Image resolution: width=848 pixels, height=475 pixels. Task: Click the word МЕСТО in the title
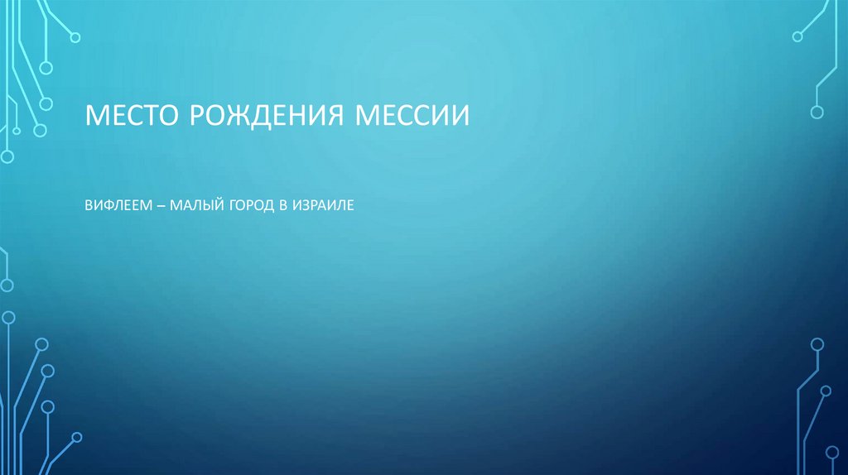(133, 114)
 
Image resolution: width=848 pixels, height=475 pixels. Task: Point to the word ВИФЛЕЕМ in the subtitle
(117, 203)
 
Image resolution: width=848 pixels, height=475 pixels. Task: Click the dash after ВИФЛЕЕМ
(160, 203)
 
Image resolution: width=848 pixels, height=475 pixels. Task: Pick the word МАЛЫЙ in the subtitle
(193, 203)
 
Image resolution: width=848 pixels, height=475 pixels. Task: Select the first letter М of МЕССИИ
(366, 114)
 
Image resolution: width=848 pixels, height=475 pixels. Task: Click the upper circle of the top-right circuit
(797, 36)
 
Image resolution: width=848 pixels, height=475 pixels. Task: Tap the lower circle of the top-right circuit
(817, 112)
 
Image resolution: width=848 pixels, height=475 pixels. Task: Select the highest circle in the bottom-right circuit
(817, 344)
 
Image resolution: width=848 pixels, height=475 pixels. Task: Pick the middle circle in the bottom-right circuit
(826, 390)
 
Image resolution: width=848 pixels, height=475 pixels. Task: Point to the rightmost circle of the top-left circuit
(75, 36)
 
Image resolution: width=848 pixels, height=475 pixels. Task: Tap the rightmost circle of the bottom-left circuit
(77, 436)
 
